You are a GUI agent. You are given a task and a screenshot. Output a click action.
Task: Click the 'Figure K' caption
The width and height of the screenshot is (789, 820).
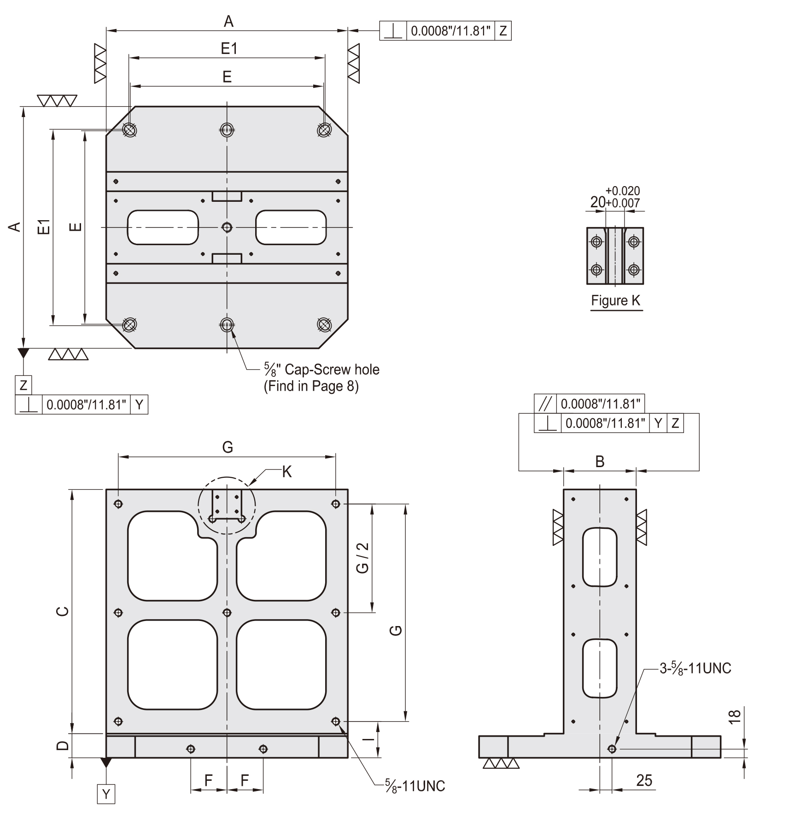point(615,301)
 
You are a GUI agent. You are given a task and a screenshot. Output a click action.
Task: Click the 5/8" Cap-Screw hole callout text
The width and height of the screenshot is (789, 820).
point(321,377)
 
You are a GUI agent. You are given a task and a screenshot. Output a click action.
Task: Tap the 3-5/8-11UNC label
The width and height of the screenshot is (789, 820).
point(695,668)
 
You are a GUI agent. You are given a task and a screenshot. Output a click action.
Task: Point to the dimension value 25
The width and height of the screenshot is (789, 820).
point(644,780)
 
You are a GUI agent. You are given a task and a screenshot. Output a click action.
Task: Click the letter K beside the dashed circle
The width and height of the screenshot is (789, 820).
point(286,472)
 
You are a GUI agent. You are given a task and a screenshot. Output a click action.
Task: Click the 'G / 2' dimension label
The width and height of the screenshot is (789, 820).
point(363,558)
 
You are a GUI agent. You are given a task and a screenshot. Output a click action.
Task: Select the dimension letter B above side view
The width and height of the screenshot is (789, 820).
point(600,462)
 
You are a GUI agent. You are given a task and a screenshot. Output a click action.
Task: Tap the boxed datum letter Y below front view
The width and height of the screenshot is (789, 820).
point(106,794)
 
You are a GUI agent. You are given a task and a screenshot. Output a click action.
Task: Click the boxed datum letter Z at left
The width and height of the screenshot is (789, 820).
point(23,385)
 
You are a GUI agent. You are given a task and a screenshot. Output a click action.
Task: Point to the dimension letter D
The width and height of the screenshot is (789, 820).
point(63,745)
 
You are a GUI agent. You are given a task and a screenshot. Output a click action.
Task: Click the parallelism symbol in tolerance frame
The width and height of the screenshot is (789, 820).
point(545,404)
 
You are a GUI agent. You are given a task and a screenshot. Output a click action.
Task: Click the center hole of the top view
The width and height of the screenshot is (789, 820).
point(227,227)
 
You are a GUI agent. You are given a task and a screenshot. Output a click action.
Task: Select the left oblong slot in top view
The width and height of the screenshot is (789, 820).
point(163,227)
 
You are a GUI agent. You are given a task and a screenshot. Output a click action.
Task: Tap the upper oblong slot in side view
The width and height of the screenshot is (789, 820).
point(599,557)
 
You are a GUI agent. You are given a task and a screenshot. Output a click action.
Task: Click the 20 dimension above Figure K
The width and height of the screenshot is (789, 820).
point(598,202)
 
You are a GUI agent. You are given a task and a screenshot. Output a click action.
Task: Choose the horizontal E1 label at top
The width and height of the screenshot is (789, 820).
point(229,48)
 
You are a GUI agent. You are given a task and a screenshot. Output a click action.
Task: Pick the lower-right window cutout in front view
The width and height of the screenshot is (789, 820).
point(281,664)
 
